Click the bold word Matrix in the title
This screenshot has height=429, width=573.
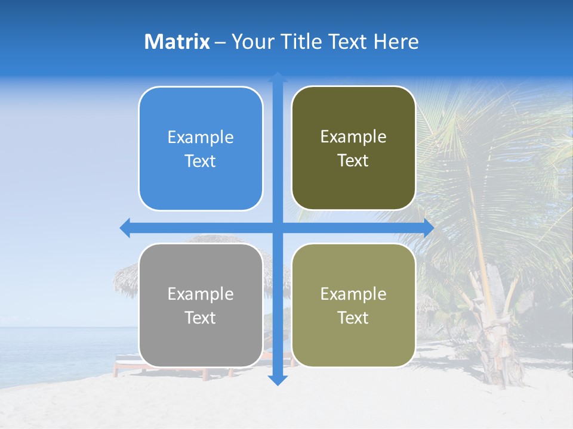click(x=177, y=42)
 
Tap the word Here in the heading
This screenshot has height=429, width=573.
click(x=396, y=42)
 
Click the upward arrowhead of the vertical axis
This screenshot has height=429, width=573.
click(x=278, y=77)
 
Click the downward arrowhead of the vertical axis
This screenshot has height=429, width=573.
click(x=278, y=380)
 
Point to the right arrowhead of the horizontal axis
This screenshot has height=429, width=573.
click(x=428, y=228)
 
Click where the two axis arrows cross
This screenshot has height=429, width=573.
click(x=278, y=228)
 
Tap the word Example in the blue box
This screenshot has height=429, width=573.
click(x=201, y=138)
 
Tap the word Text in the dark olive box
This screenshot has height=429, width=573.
click(x=353, y=161)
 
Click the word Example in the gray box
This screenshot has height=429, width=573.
click(x=201, y=294)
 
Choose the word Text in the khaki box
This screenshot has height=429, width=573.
click(x=353, y=318)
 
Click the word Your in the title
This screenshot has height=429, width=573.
click(x=251, y=42)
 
